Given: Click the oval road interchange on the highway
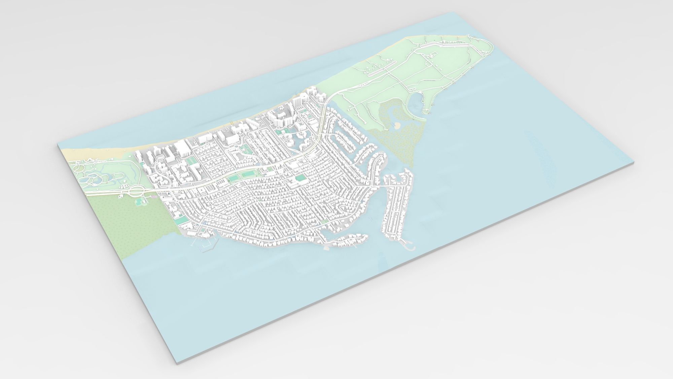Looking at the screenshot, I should coord(137,191).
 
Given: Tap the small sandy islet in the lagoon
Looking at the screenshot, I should coord(397,126).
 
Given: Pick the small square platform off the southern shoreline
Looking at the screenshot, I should coord(326,248).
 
